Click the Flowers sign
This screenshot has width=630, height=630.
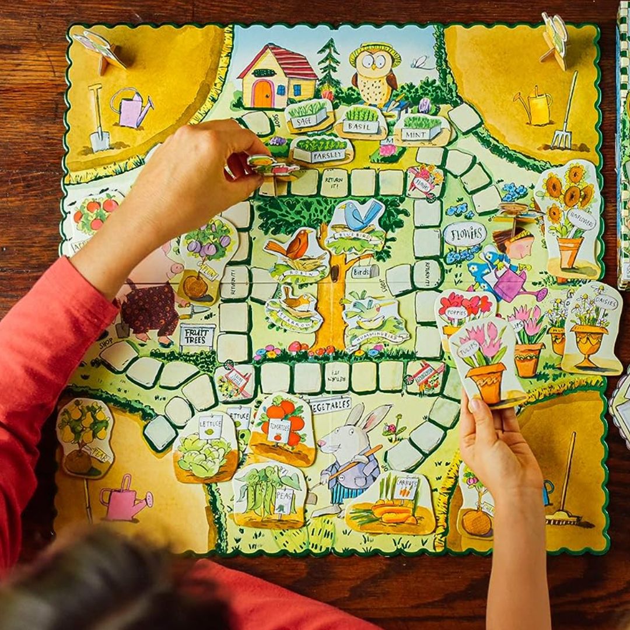coord(465,235)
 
